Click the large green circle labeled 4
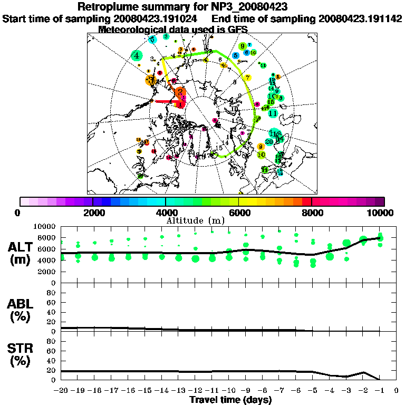[137, 55]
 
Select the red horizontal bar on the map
[168, 102]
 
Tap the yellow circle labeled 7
[248, 78]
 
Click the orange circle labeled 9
[261, 146]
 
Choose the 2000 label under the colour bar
[93, 213]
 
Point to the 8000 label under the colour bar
[312, 213]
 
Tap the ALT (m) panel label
[22, 253]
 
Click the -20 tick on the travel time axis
[61, 391]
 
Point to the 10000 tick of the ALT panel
[46, 226]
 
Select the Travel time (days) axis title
[230, 400]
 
